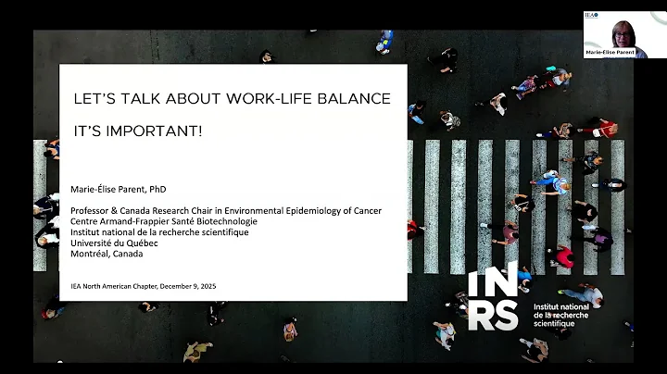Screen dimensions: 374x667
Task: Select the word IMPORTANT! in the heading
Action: click(x=166, y=131)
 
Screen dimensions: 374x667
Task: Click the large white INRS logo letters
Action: click(x=493, y=298)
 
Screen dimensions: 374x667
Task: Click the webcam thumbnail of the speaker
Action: click(x=615, y=29)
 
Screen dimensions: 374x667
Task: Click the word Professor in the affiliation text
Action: click(x=92, y=211)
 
